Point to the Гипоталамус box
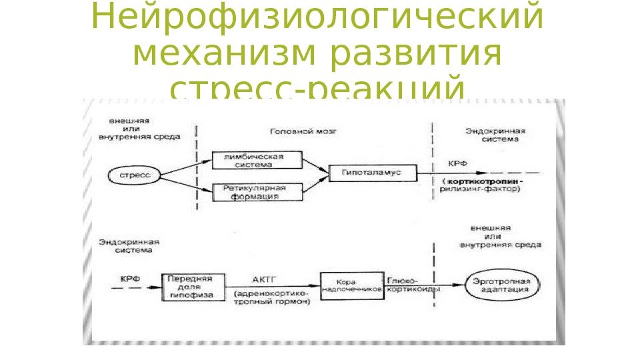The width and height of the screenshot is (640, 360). [373, 173]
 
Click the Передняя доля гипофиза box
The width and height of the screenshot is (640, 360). [189, 286]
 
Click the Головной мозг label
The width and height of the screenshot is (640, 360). [303, 132]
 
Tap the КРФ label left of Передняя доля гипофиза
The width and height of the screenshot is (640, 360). [129, 279]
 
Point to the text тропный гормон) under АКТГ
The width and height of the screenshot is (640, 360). [272, 302]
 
